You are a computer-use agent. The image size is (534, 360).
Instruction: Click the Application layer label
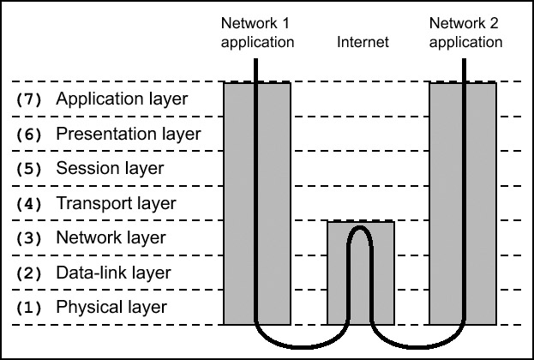point(121,99)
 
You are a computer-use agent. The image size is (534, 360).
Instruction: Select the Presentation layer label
point(128,135)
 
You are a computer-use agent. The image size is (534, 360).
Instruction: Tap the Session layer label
point(109,169)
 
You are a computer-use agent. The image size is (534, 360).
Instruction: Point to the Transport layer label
point(115,204)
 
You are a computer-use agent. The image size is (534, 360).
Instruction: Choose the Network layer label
point(111,238)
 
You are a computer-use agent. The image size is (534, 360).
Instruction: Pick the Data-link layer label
point(113,273)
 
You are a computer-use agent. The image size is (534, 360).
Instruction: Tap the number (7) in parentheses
point(29,99)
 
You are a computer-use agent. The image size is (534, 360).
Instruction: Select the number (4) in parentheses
point(29,204)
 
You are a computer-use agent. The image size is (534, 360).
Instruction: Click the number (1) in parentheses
point(29,308)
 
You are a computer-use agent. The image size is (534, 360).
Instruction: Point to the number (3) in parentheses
point(29,238)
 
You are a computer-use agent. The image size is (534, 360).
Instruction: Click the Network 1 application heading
point(257,33)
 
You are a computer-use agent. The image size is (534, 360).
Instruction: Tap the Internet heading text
point(363,41)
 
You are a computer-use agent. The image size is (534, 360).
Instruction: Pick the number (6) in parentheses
point(29,135)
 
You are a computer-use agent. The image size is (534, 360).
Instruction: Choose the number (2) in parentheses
point(29,273)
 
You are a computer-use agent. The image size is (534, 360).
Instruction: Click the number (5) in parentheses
point(29,169)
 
